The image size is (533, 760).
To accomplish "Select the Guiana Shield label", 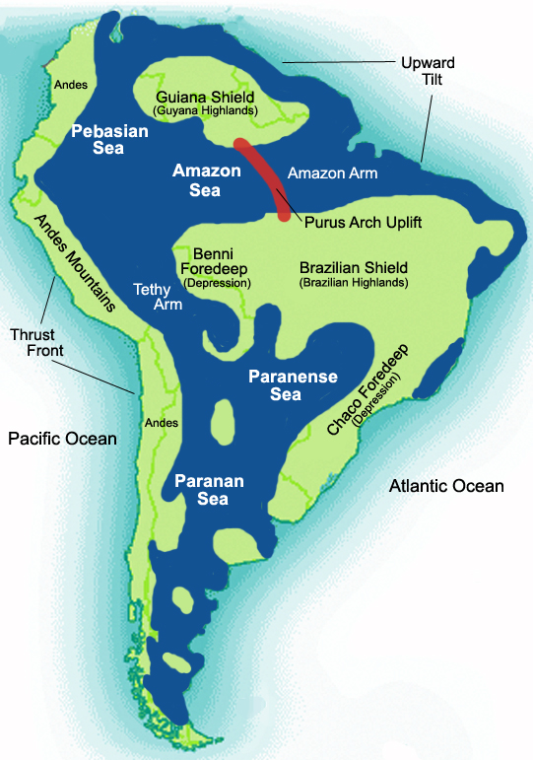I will click(x=206, y=98).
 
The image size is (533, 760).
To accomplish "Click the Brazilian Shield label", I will click(x=352, y=267).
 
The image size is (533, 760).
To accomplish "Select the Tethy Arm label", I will click(x=157, y=297).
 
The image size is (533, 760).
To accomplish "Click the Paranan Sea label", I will click(x=201, y=490).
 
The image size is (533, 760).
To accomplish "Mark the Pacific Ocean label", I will click(x=62, y=438).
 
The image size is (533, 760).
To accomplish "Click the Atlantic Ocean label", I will click(x=446, y=486).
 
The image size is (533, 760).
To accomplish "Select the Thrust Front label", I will click(x=33, y=341).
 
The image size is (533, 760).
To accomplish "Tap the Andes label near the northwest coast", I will click(x=71, y=85).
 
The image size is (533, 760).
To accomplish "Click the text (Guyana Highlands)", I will click(x=207, y=112).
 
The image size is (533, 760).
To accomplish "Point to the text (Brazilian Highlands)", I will click(x=352, y=283).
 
